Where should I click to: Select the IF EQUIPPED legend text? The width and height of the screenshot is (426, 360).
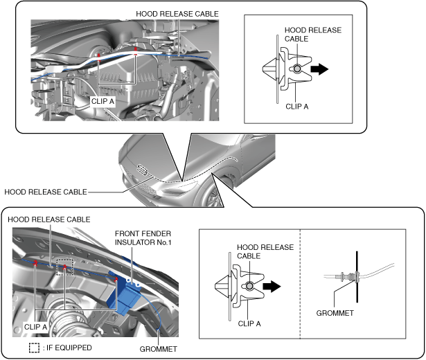tap(68, 348)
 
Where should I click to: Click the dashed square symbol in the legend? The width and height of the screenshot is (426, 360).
tap(33, 348)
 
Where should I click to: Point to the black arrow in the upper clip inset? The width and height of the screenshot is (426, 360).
tap(319, 69)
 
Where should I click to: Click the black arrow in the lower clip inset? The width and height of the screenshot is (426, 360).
tap(272, 285)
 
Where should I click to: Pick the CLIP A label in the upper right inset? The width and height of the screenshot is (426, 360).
tap(300, 107)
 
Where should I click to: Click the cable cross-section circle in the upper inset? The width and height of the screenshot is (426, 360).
tap(296, 69)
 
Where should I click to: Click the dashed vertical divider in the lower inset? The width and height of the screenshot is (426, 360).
tap(300, 284)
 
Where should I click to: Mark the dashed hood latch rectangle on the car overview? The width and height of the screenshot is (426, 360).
tap(143, 170)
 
